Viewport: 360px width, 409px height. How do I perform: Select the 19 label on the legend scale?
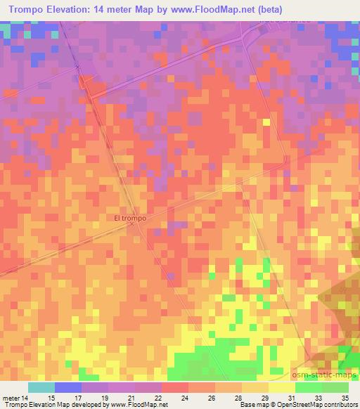[x=103, y=398]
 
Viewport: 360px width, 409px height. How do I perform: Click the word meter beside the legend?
[x=12, y=398]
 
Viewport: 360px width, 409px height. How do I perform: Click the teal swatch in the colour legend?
[x=41, y=387]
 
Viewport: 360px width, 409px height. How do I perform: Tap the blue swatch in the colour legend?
[x=67, y=387]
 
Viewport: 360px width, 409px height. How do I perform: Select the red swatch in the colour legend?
[x=174, y=387]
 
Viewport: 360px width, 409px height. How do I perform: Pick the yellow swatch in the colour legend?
[x=281, y=387]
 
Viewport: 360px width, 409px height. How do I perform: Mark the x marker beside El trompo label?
[x=131, y=225]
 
